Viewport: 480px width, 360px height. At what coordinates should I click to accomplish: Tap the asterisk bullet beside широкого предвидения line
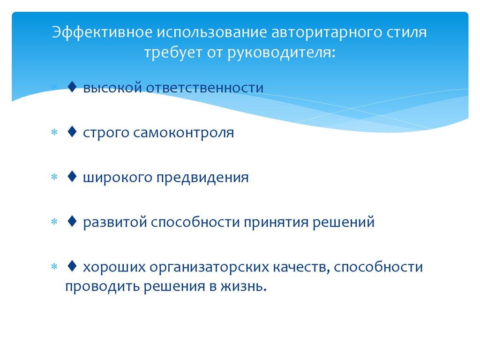(54, 179)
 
